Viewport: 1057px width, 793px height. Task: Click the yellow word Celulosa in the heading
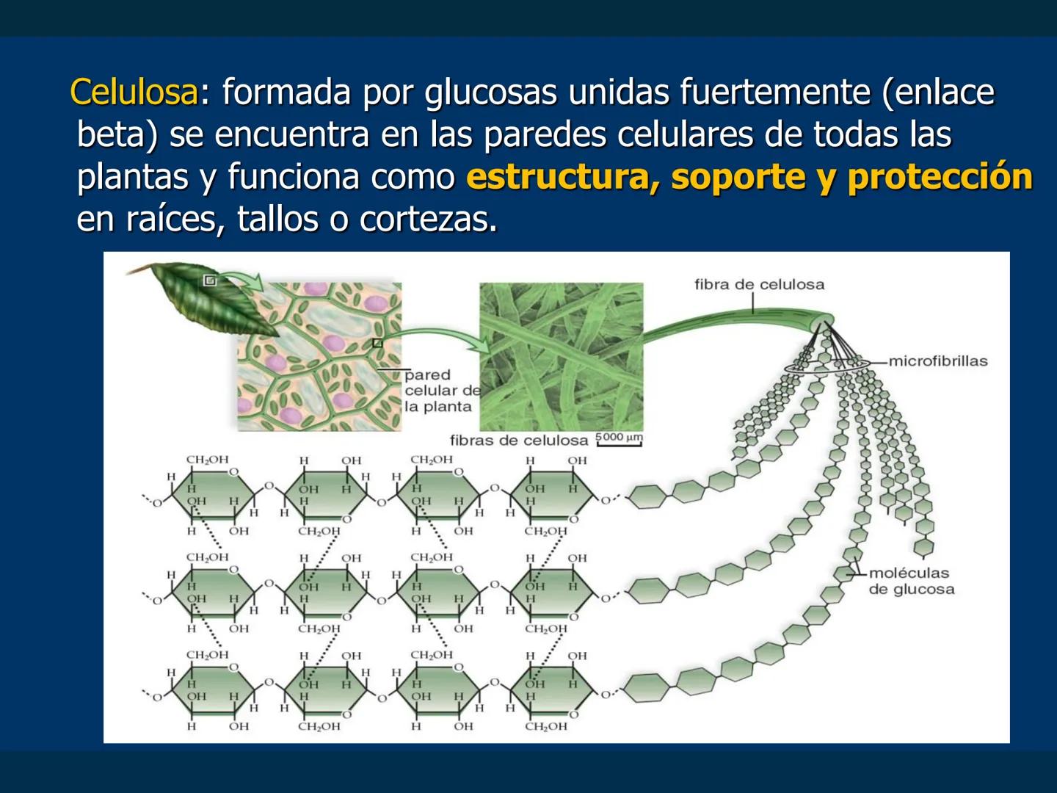click(134, 93)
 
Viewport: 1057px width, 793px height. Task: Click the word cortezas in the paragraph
click(428, 219)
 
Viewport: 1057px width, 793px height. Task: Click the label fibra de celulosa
click(759, 284)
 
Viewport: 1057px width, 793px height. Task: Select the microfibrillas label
click(938, 361)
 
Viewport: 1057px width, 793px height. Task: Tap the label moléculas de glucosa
click(911, 581)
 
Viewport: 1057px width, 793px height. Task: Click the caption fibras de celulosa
click(519, 441)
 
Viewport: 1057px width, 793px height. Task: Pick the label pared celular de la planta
click(440, 391)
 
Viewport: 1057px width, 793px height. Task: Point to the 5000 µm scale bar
click(619, 439)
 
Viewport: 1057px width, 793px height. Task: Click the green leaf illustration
click(206, 301)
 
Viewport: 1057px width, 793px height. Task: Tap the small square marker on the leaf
click(209, 280)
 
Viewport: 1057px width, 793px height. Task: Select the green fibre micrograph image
click(561, 357)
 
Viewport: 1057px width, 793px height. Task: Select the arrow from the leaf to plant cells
click(242, 280)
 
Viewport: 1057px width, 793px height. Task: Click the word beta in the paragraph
click(117, 134)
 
